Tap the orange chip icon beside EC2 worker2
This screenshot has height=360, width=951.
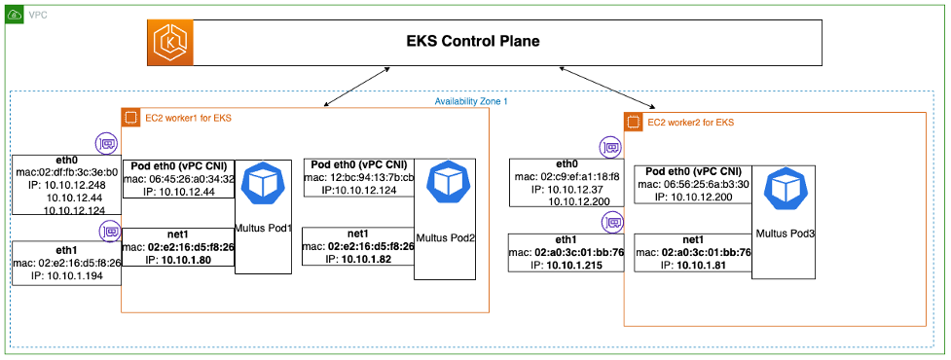tap(634, 123)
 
